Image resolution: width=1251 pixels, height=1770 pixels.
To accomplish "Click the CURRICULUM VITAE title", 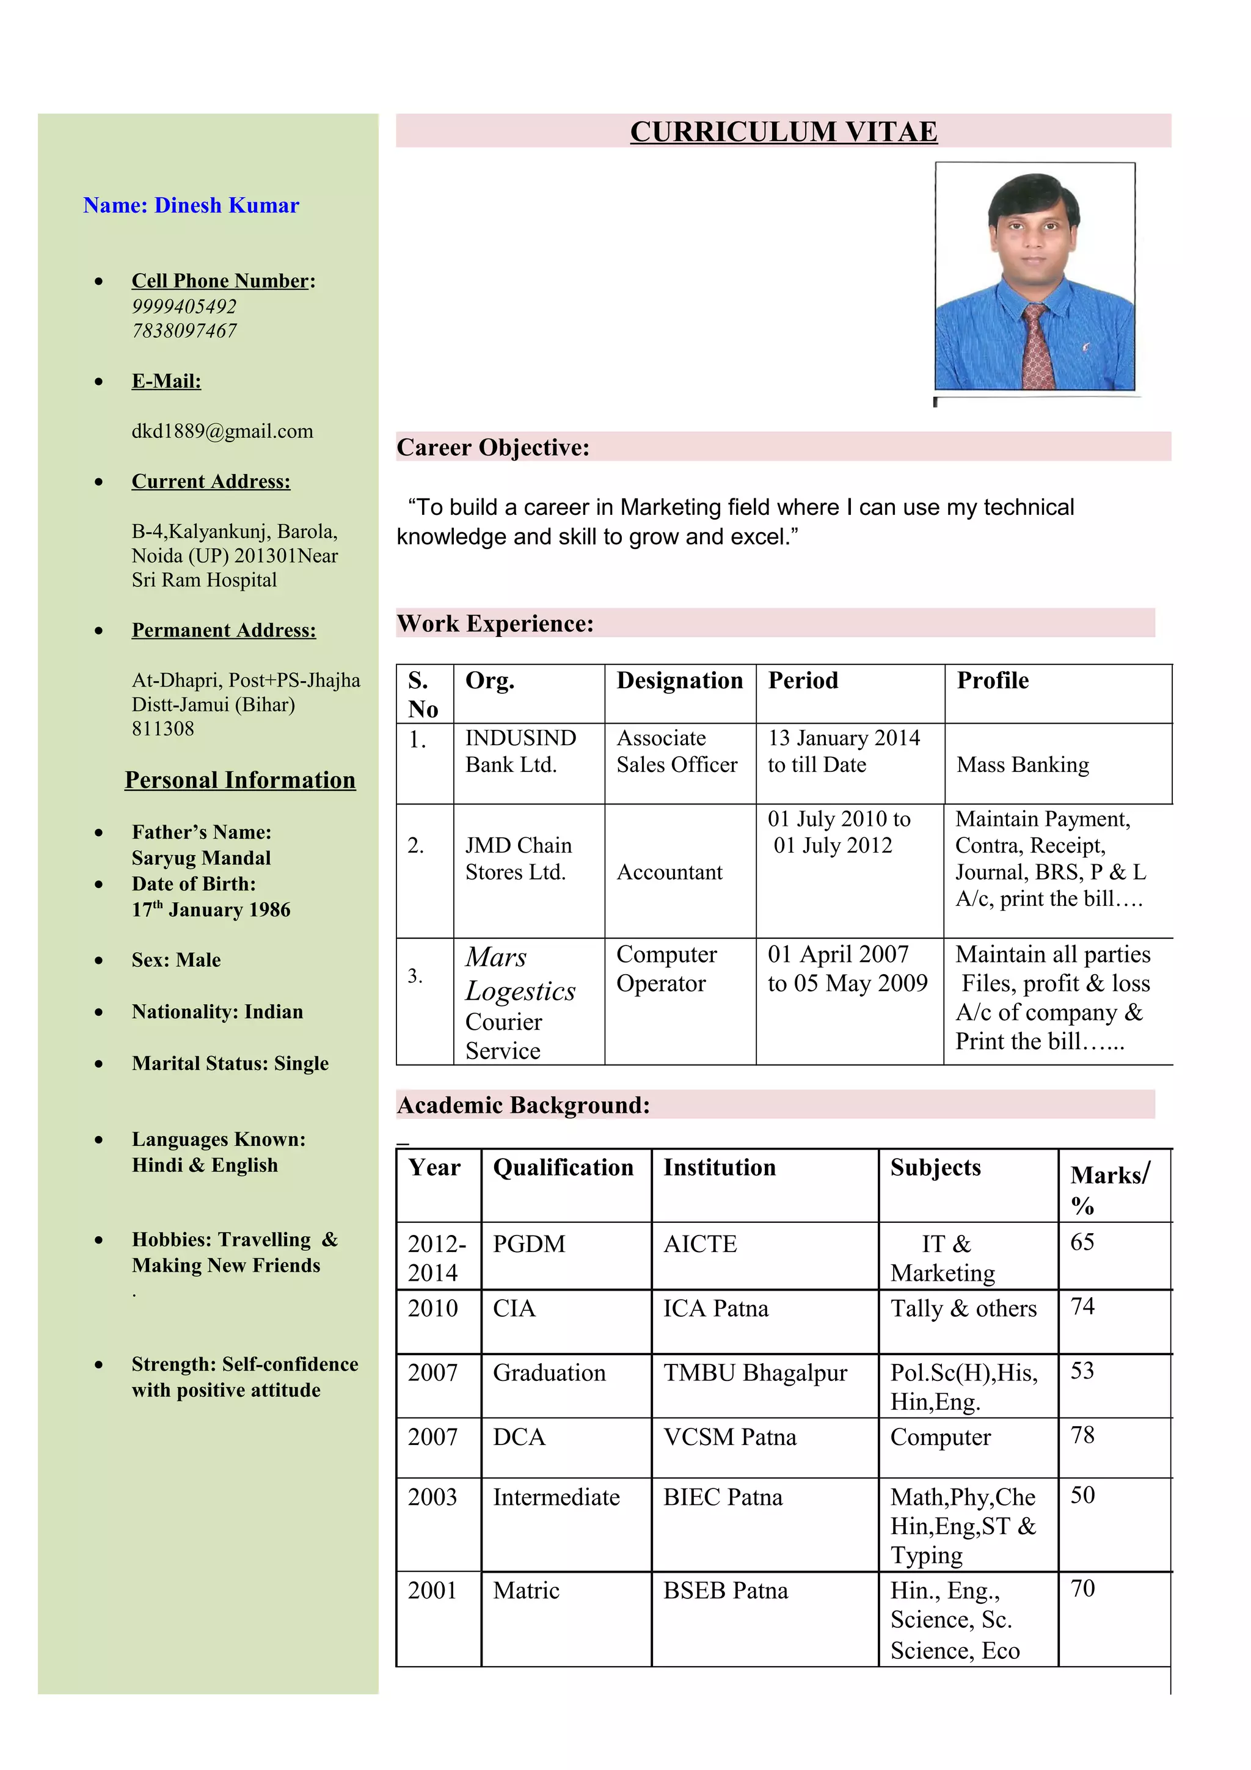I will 783,132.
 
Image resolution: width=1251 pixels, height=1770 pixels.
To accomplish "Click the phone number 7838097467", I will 184,330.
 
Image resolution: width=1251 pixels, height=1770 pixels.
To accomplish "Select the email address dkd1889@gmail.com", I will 222,431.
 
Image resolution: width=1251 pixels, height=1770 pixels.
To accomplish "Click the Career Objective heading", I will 492,447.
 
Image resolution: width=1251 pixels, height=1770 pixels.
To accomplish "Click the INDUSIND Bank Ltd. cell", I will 520,751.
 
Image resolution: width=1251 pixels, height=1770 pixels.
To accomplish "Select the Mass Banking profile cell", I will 1022,764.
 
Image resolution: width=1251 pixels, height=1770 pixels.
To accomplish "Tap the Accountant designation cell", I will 669,872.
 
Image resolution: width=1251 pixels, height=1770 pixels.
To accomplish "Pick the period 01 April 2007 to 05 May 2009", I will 847,968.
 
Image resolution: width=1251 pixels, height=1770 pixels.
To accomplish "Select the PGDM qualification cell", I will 529,1244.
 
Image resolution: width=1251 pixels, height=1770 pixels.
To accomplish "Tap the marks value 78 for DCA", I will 1082,1435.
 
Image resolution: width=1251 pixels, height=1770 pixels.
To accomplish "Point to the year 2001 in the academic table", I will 432,1590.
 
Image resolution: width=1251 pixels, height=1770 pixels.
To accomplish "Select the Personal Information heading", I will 239,780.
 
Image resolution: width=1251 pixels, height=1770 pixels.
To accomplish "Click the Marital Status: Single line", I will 230,1063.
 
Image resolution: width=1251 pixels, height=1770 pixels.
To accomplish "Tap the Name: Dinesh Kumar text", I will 191,205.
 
